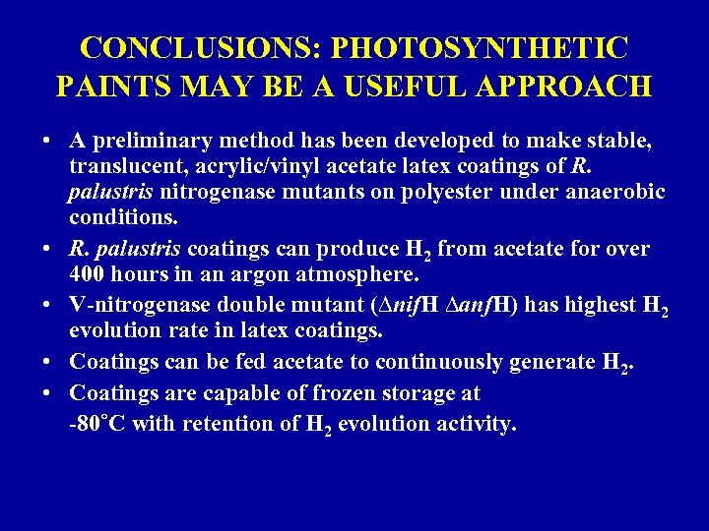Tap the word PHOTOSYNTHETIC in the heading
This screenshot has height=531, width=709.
(480, 46)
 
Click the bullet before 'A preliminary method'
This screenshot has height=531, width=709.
(47, 144)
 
